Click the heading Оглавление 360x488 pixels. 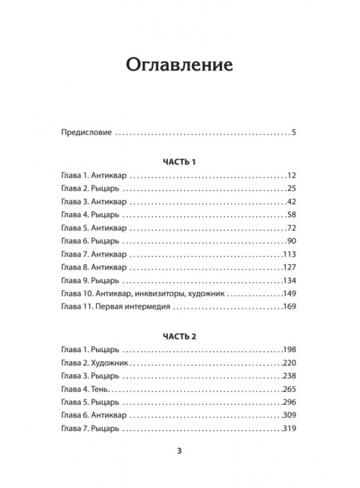click(179, 63)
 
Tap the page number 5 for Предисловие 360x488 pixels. click(295, 133)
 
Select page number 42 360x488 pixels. click(292, 203)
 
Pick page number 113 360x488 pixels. click(290, 255)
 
